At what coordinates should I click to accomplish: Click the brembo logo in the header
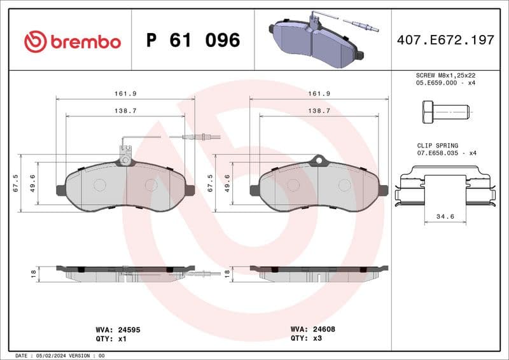(x=72, y=41)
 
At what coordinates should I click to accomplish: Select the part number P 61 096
(x=193, y=41)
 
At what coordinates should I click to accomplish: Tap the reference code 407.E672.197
(x=445, y=40)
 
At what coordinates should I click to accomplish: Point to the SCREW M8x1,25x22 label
(x=445, y=75)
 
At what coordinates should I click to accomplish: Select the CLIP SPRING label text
(x=437, y=146)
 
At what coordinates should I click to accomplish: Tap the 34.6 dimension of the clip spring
(x=445, y=217)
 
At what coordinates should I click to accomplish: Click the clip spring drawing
(x=445, y=188)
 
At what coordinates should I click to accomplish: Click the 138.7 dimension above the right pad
(x=318, y=111)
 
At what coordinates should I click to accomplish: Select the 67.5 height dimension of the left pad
(x=16, y=183)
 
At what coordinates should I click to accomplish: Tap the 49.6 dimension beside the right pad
(x=227, y=183)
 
